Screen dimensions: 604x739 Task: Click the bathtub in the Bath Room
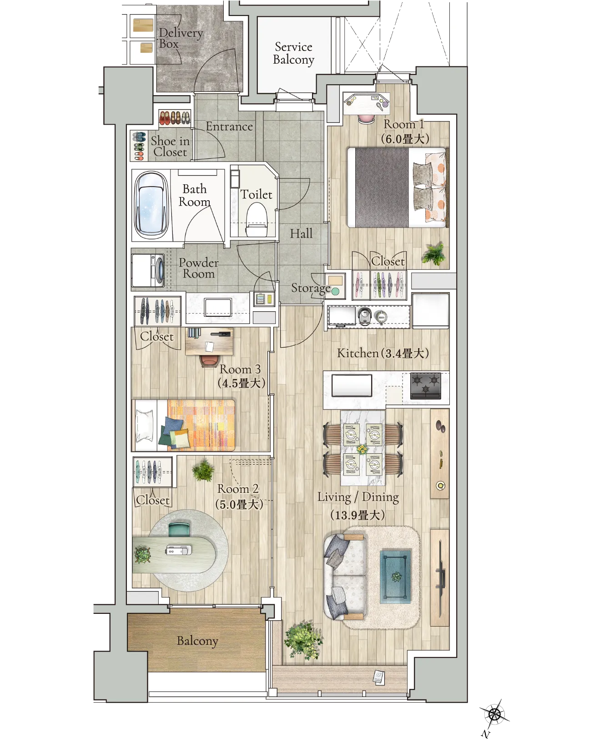point(151,205)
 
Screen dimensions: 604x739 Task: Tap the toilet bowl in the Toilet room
point(257,219)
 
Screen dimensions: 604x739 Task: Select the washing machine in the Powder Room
point(148,270)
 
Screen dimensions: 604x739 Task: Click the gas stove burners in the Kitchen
point(426,386)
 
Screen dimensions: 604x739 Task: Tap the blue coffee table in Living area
point(395,577)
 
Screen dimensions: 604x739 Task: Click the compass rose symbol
point(494,714)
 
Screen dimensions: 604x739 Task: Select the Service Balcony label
point(293,53)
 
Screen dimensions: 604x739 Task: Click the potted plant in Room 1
point(433,253)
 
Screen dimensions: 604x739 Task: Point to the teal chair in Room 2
point(179,530)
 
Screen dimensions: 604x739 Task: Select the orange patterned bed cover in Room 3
point(201,425)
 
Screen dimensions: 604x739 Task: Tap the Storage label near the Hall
point(311,288)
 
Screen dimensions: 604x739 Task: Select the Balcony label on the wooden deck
point(197,641)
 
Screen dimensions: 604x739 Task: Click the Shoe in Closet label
point(170,147)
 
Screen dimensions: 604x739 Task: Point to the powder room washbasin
point(218,307)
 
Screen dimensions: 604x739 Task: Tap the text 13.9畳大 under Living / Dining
point(357,515)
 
